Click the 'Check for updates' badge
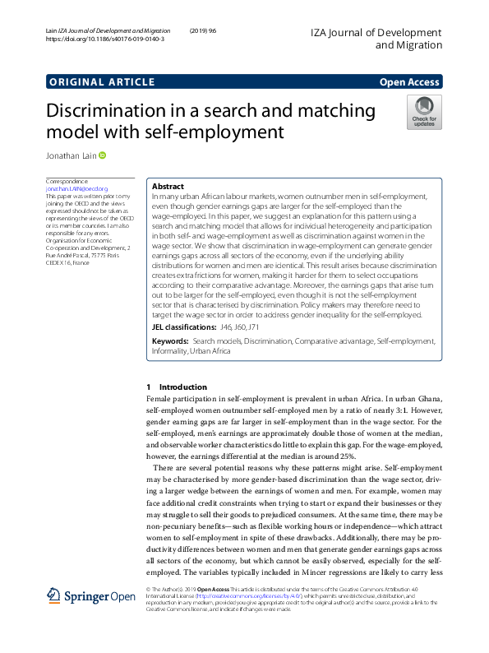(424, 112)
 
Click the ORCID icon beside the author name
(104, 155)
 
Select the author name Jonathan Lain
(72, 155)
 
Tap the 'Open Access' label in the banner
(410, 82)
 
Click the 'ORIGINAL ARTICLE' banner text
(101, 82)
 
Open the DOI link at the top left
(104, 39)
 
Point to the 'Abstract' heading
(168, 187)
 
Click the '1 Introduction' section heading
(176, 387)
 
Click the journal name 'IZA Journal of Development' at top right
(376, 32)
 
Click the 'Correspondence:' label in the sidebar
(67, 181)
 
